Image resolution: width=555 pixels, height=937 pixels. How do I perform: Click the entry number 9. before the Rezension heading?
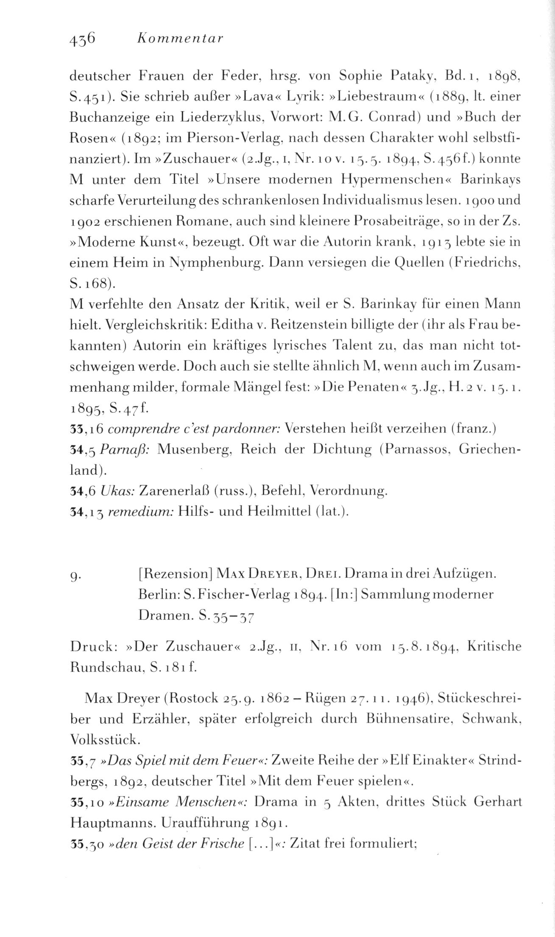pyautogui.click(x=76, y=575)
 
